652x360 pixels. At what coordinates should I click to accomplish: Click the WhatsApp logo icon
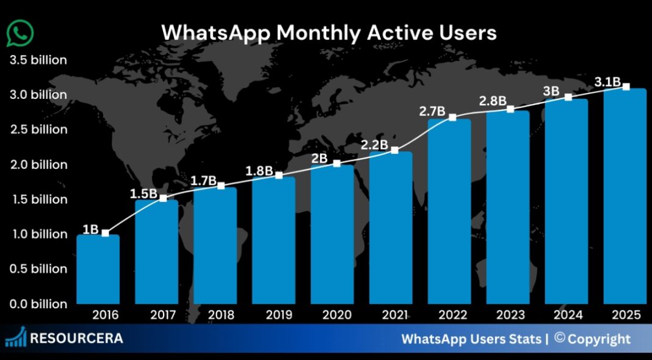coord(20,34)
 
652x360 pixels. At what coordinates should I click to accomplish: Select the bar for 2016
coord(98,269)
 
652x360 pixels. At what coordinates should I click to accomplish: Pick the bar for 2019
coord(273,240)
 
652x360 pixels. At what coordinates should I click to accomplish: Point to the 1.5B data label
coord(143,194)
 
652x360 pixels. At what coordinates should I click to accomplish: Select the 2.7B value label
coord(433,112)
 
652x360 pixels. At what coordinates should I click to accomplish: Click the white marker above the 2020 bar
coord(336,163)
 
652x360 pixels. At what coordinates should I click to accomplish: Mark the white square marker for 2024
coord(568,97)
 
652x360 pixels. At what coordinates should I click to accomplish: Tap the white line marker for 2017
coord(163,198)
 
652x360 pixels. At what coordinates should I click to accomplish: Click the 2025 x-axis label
coord(625,315)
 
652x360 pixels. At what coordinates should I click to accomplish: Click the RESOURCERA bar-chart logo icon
coord(15,337)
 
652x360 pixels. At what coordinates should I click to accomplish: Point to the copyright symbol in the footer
coord(559,338)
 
